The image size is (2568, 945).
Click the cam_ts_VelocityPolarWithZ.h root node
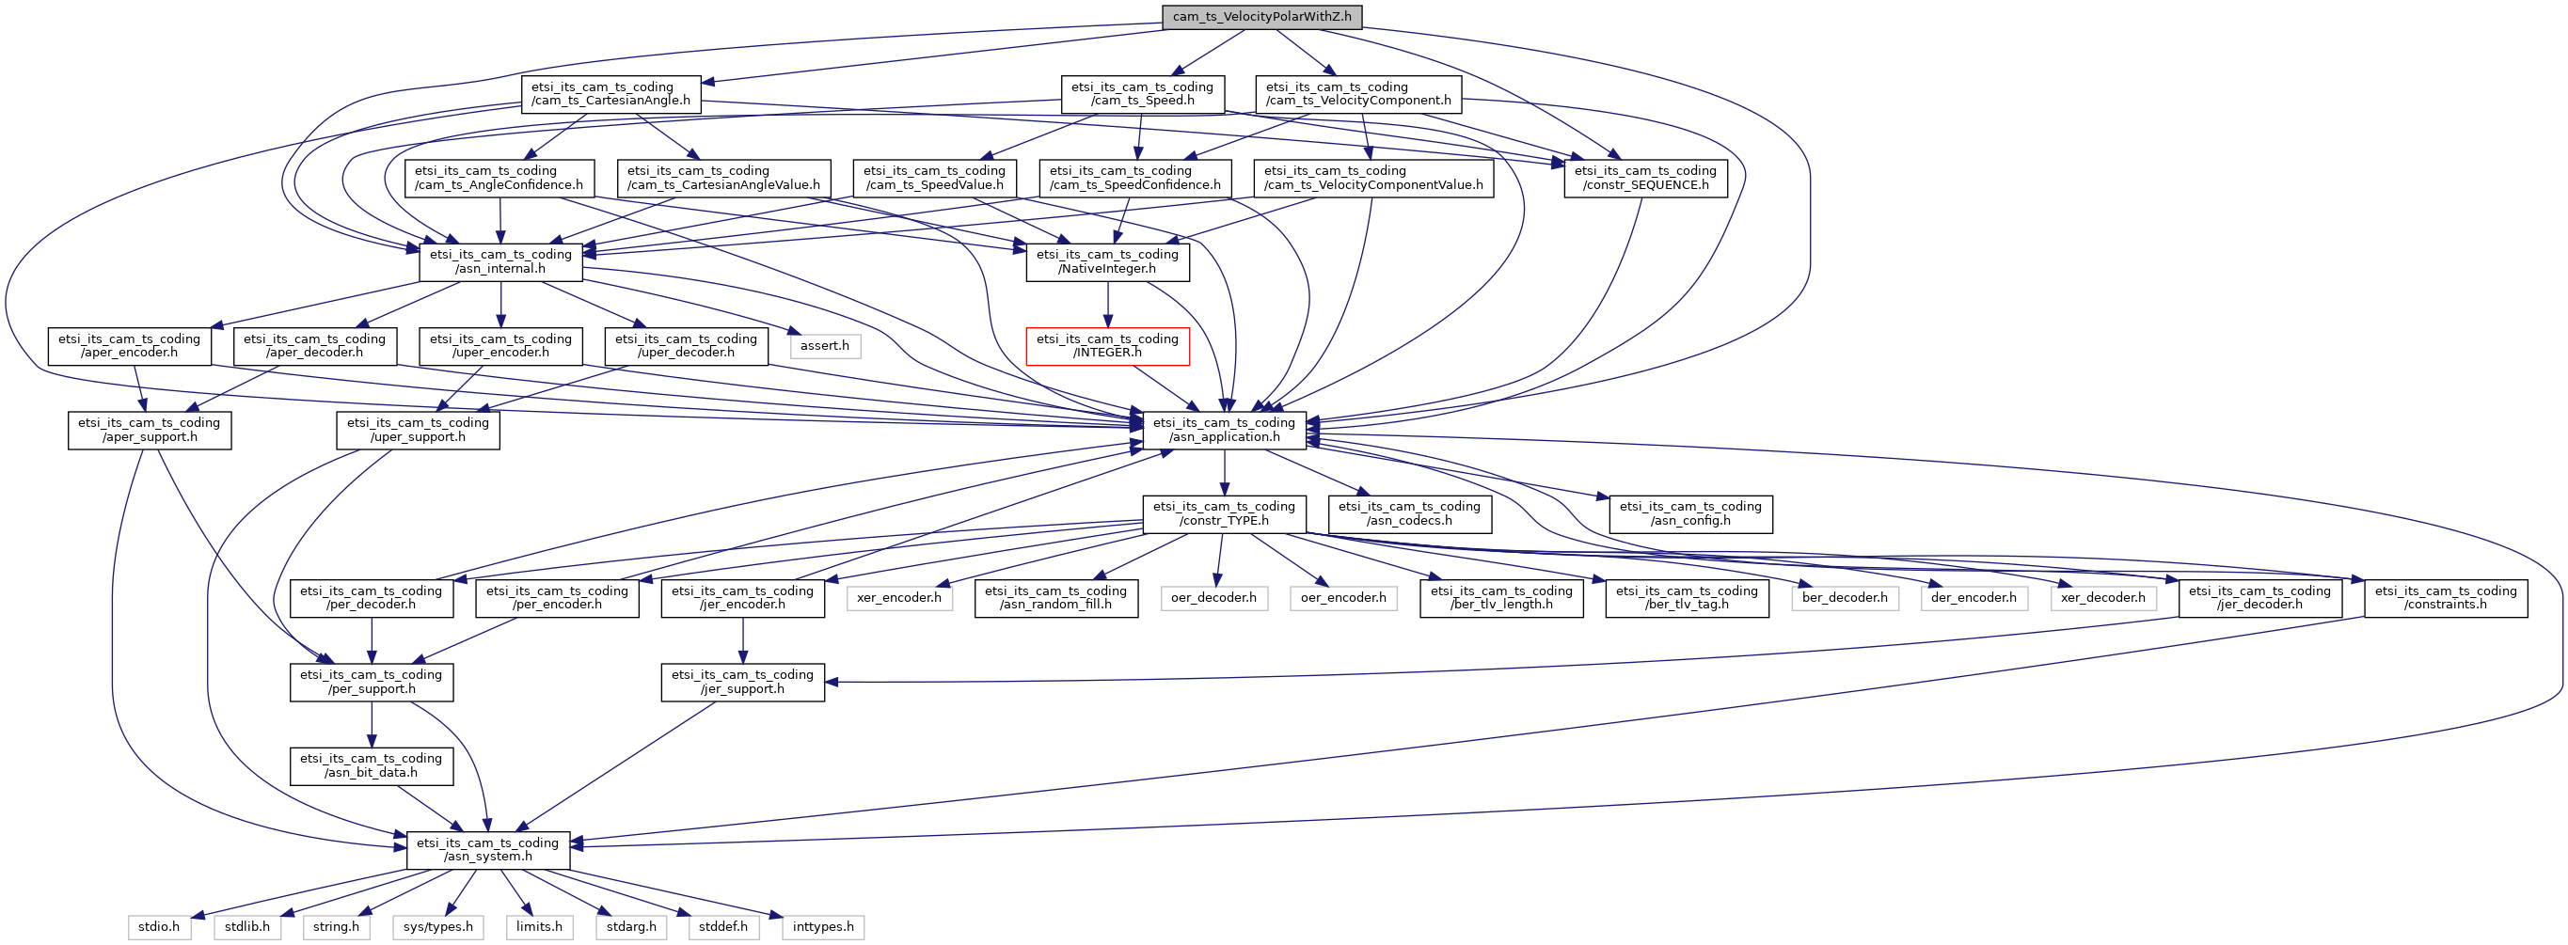[1262, 16]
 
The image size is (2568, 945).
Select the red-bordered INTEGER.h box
[1107, 346]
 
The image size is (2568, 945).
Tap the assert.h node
[824, 346]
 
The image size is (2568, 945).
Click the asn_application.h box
[1224, 430]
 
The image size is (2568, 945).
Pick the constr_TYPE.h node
[1224, 513]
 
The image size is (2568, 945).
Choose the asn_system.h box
[488, 849]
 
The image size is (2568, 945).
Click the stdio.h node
[160, 927]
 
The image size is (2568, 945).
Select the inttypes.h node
[823, 927]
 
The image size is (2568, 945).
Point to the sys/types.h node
[438, 927]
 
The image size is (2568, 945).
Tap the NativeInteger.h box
[1107, 261]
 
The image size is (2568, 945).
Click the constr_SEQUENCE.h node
[1646, 178]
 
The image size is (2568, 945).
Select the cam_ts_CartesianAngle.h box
[611, 94]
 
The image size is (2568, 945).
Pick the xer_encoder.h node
[899, 598]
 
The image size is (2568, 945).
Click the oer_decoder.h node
[1214, 598]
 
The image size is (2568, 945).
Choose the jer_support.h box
[743, 682]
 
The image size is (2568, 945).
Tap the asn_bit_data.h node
[372, 765]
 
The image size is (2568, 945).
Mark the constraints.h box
[2447, 598]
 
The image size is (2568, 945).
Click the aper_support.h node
[150, 430]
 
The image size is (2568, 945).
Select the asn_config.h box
[1690, 513]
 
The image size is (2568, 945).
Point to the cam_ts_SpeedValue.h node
[935, 178]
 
